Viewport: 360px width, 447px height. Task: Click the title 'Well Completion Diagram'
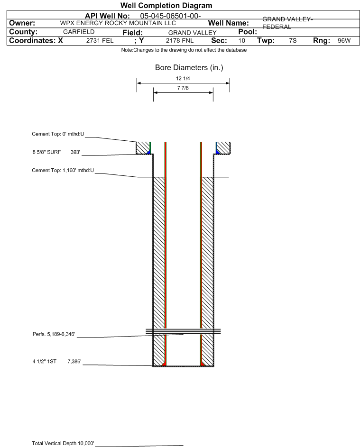click(x=166, y=6)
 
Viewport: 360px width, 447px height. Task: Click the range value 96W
click(x=343, y=41)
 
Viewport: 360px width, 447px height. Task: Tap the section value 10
click(x=242, y=41)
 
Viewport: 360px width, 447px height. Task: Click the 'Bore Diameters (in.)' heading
click(x=189, y=68)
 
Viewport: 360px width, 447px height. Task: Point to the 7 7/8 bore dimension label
click(x=183, y=88)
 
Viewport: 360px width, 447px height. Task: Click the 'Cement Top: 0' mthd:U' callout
click(x=58, y=134)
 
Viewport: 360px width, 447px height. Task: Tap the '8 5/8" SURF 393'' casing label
click(x=55, y=152)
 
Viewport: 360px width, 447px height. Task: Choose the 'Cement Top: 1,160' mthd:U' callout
click(x=63, y=171)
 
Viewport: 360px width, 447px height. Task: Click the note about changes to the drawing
click(x=184, y=50)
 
